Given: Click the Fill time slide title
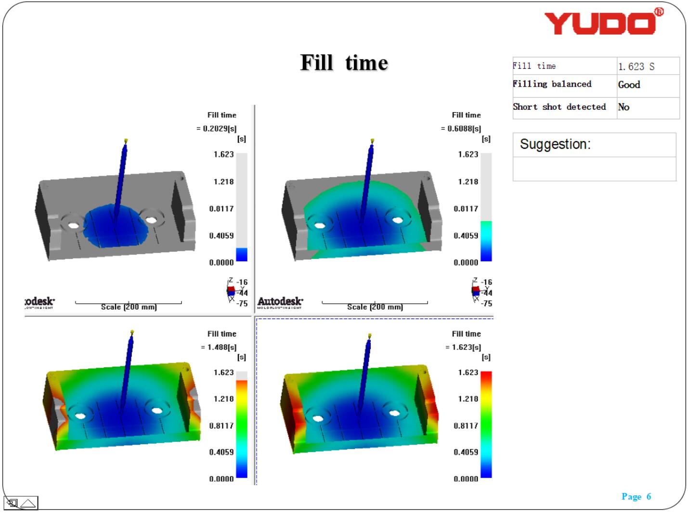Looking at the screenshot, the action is (344, 63).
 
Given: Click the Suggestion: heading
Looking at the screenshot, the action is (555, 144).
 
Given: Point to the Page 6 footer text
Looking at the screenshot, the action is (636, 496).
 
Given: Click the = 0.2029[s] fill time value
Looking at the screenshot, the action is (217, 129).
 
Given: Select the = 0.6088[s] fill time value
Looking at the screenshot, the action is (461, 129).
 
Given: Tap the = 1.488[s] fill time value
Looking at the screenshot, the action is (219, 347).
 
